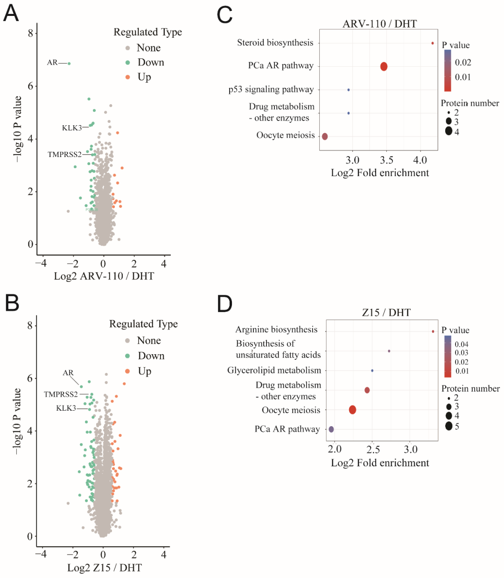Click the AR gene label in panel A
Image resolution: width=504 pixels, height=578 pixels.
point(52,63)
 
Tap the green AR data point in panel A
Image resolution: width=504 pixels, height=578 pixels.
point(69,64)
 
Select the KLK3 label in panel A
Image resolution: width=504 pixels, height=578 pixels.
point(71,128)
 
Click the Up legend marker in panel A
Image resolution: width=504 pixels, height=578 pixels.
point(127,77)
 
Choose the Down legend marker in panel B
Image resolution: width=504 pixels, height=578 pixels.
point(127,356)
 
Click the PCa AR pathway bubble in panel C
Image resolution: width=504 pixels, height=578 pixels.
point(384,66)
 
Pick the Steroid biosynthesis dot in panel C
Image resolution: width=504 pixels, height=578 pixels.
point(433,43)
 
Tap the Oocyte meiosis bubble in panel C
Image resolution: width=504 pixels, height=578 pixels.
point(325,136)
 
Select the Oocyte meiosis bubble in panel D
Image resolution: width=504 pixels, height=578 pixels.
point(352,410)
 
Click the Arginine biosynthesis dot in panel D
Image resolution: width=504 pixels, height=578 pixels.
point(433,331)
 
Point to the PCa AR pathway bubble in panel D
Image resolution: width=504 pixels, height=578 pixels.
point(331,429)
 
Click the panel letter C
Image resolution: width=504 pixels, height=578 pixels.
point(224,15)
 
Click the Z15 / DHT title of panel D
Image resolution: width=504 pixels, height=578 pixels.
point(386,313)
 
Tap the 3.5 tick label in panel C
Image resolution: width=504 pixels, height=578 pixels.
point(386,160)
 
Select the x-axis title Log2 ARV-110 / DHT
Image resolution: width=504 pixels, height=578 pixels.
point(104,276)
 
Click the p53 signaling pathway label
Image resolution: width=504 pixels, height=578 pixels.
point(271,89)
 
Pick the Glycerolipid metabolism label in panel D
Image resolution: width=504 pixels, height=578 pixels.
point(274,371)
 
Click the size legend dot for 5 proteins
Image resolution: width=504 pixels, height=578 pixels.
point(449,426)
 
